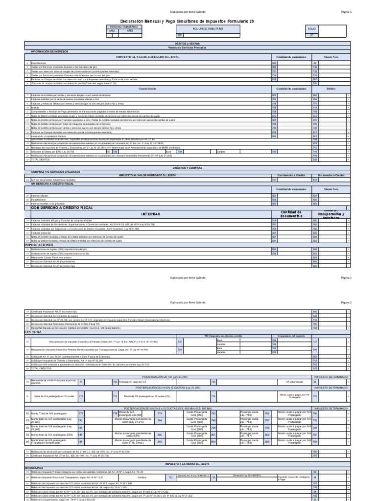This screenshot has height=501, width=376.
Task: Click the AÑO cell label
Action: click(x=130, y=30)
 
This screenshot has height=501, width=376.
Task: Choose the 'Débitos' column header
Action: click(x=330, y=88)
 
